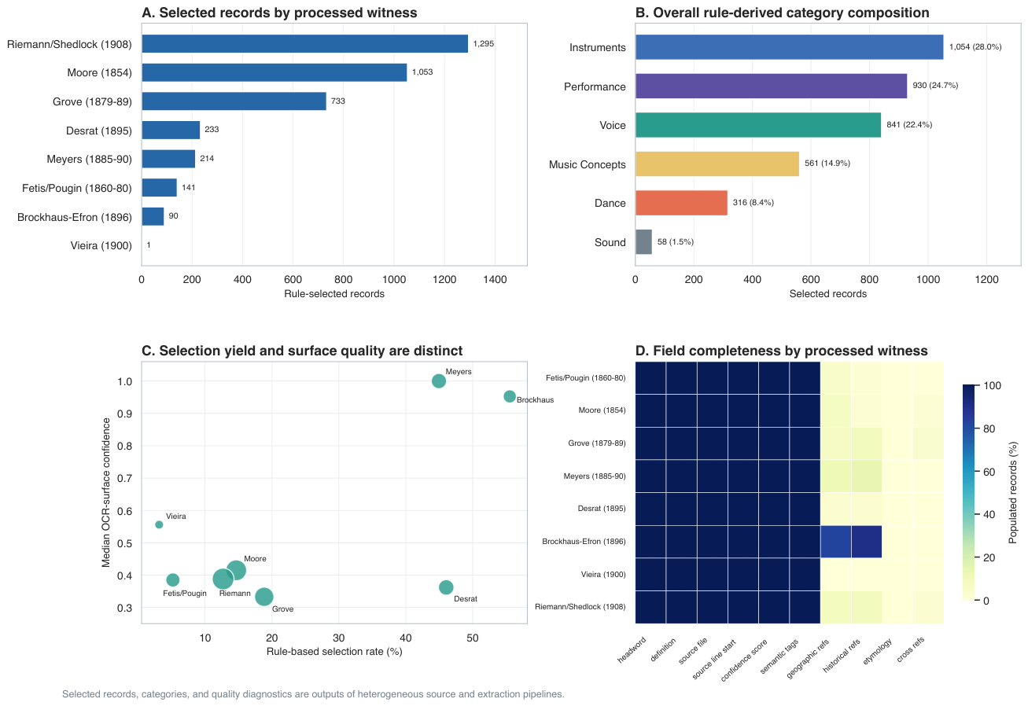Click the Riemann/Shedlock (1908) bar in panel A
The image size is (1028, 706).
(x=304, y=44)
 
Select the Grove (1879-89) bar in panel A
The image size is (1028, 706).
(x=234, y=101)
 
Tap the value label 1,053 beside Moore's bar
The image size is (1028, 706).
(x=422, y=72)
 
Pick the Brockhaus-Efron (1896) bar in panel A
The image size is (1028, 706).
(x=153, y=216)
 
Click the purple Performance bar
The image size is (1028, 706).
(x=771, y=86)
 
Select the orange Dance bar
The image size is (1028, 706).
(x=681, y=203)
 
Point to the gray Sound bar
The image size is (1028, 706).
(x=643, y=242)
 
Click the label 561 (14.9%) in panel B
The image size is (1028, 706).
(x=827, y=164)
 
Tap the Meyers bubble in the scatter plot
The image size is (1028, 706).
(x=439, y=381)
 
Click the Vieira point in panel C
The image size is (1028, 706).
(x=159, y=525)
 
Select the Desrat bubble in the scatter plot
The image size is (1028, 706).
(x=446, y=587)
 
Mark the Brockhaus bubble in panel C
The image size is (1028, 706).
(x=510, y=396)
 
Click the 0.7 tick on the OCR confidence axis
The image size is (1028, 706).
(x=124, y=479)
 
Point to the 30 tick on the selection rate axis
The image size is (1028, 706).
(x=339, y=638)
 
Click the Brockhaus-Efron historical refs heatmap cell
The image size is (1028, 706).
(x=867, y=542)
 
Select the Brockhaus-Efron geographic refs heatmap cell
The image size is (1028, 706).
(x=836, y=542)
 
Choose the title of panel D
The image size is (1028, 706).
(x=782, y=351)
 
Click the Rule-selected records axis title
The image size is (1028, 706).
(x=334, y=294)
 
